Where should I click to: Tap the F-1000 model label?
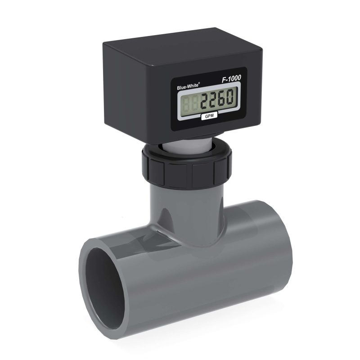(231, 78)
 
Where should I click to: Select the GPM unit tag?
(209, 116)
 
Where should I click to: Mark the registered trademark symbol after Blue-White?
(199, 80)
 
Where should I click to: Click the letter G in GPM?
(205, 117)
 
